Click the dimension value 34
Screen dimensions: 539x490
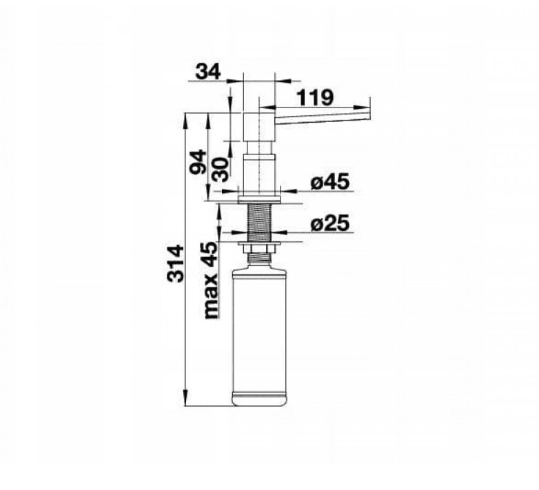[208, 72]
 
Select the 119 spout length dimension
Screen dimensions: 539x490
[315, 98]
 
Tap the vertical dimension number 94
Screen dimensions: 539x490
[199, 163]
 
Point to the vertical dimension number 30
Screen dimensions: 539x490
[220, 170]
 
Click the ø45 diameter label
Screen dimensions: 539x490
[330, 182]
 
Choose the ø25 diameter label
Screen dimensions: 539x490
[330, 223]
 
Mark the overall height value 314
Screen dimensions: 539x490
[175, 263]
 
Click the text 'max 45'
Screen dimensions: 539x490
[211, 280]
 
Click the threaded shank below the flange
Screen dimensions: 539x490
[260, 223]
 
